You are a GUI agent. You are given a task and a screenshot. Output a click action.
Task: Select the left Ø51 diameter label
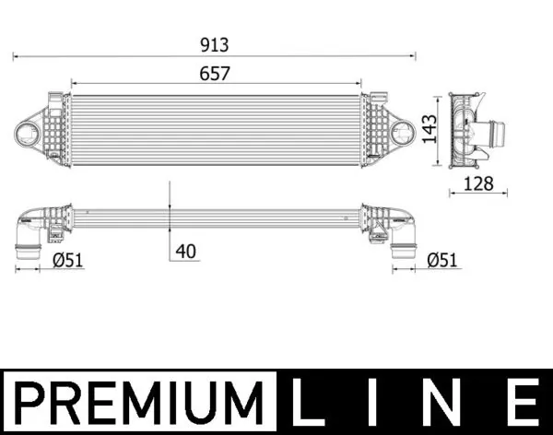pyautogui.click(x=68, y=261)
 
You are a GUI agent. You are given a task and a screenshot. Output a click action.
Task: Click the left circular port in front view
pyautogui.click(x=29, y=133)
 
